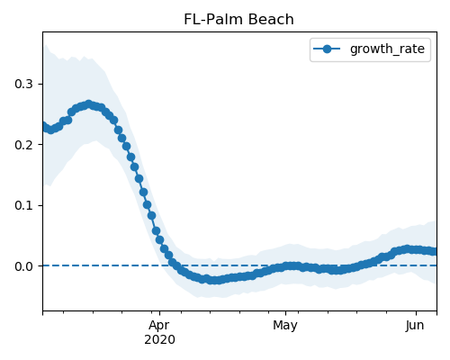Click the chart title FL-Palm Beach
click(238, 20)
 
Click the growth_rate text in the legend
click(387, 49)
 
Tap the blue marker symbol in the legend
click(327, 49)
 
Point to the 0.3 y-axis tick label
click(23, 84)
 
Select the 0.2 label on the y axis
click(23, 145)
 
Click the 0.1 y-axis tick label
click(23, 205)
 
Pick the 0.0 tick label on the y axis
click(23, 266)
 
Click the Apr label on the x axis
click(159, 326)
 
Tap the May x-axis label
click(285, 326)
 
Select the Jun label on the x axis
click(415, 326)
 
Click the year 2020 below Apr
click(159, 340)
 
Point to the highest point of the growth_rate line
click(88, 104)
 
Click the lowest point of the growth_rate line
click(214, 280)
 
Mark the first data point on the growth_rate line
click(44, 126)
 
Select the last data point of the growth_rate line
click(435, 251)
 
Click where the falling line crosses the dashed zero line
click(175, 265)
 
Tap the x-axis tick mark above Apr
click(159, 313)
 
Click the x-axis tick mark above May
click(285, 313)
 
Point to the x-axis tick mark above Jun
click(416, 313)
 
